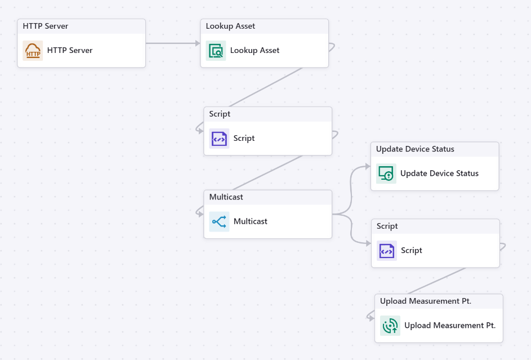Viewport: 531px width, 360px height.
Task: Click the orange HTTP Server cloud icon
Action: (33, 51)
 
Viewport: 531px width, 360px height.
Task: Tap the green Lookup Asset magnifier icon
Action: (216, 51)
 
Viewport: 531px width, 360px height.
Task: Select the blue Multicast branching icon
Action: (219, 221)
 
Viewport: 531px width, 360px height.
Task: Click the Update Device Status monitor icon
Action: (386, 174)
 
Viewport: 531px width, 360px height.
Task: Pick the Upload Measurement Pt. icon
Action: (390, 326)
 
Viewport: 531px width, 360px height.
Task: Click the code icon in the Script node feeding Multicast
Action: (219, 139)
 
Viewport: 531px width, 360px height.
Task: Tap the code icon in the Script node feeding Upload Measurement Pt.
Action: (387, 251)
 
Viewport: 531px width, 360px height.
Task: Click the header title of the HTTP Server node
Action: (46, 26)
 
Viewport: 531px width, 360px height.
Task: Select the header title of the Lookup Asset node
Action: (230, 26)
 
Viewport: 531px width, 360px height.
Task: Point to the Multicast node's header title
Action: (226, 197)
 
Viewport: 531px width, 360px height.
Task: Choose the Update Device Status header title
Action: (415, 149)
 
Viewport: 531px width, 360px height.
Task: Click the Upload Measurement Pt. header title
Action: (425, 301)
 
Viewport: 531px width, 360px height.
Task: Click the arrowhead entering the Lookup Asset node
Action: (197, 43)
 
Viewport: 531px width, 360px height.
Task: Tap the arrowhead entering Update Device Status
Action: (368, 166)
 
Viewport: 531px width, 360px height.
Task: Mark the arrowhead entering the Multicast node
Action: (200, 214)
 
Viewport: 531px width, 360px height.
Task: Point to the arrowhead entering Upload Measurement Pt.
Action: (372, 318)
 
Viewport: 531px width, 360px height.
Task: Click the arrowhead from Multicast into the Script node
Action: (368, 243)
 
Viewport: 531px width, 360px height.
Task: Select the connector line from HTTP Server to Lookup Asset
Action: (172, 43)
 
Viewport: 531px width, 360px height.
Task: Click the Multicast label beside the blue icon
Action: (250, 221)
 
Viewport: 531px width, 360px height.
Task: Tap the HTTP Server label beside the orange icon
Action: (70, 51)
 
